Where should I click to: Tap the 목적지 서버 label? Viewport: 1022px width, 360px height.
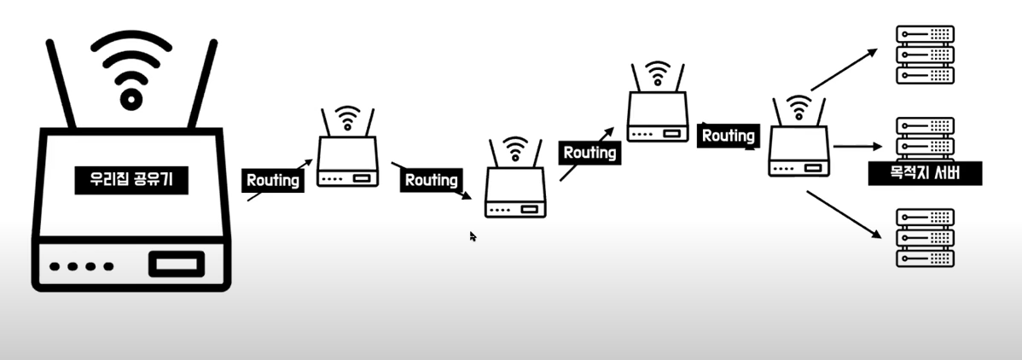[x=926, y=173]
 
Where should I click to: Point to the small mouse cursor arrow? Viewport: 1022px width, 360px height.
[x=473, y=236]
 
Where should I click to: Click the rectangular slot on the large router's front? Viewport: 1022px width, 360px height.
[x=177, y=264]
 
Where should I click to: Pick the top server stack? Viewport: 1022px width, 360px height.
[x=925, y=54]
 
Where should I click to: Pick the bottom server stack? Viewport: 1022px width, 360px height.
[x=925, y=238]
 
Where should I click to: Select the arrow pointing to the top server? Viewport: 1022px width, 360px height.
[x=844, y=69]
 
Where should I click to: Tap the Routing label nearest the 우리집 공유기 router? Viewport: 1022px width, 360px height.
[x=273, y=180]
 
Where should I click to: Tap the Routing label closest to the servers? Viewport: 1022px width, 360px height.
[x=728, y=136]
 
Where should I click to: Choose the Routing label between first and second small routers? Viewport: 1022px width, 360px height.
[x=431, y=180]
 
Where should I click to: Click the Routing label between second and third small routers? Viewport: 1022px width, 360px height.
[x=589, y=153]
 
